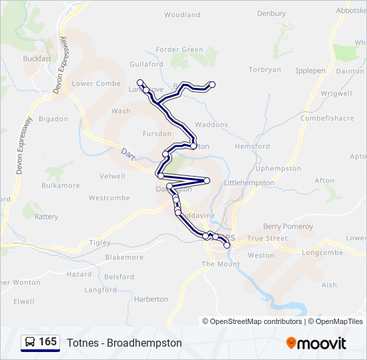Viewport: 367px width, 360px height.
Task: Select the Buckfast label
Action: pyautogui.click(x=37, y=59)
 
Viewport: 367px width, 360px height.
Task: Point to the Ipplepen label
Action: pyautogui.click(x=310, y=69)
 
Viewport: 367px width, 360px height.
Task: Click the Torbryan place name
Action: pyautogui.click(x=265, y=69)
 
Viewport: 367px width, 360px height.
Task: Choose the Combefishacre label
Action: pyautogui.click(x=327, y=118)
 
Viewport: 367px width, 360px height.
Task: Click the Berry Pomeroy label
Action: pyautogui.click(x=288, y=227)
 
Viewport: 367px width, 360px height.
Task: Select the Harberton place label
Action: pyautogui.click(x=151, y=299)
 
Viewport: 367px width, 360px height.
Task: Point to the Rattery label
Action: pyautogui.click(x=46, y=217)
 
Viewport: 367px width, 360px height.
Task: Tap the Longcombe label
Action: pyautogui.click(x=322, y=253)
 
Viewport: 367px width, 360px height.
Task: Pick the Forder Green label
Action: pyautogui.click(x=179, y=49)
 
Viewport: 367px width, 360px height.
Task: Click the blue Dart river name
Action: pyautogui.click(x=128, y=153)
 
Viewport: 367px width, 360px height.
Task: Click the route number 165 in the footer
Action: pyautogui.click(x=48, y=342)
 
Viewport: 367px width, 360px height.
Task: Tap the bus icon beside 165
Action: pyautogui.click(x=30, y=343)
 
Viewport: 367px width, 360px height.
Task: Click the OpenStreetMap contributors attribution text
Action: pyautogui.click(x=256, y=321)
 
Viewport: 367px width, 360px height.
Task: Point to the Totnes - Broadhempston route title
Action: pyautogui.click(x=124, y=343)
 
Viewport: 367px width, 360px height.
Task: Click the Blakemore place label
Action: pyautogui.click(x=124, y=257)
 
